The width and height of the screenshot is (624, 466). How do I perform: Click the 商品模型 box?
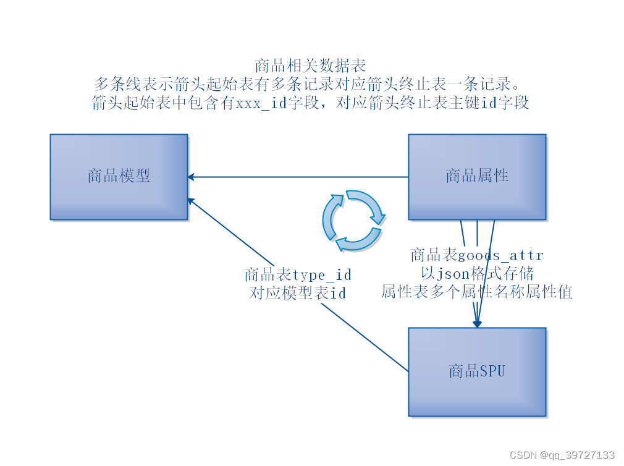coord(119,177)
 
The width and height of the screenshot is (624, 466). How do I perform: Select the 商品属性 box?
coord(477,177)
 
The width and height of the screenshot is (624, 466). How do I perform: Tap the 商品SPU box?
coord(477,371)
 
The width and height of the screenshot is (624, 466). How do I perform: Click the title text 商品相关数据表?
coord(311,66)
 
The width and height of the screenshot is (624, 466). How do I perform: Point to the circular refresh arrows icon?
coord(353,221)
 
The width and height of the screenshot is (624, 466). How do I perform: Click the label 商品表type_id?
coord(298,274)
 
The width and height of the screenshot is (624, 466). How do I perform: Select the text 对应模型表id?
coord(298,293)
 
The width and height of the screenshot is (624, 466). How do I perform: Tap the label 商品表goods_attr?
coord(477,255)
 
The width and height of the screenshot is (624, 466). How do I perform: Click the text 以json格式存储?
coord(477,273)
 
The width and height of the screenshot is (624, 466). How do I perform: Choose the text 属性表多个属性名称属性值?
coord(477,292)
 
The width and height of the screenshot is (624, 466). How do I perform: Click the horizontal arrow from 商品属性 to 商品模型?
coord(297,177)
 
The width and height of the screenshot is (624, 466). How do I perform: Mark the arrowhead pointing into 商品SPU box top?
coord(477,323)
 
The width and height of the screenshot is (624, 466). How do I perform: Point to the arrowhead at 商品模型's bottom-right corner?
coord(192,201)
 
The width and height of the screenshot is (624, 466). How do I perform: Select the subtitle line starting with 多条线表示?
coord(311,84)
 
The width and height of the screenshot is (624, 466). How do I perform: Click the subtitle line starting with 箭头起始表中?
coord(311,103)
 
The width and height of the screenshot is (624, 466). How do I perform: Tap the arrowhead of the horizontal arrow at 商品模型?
coord(191,177)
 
